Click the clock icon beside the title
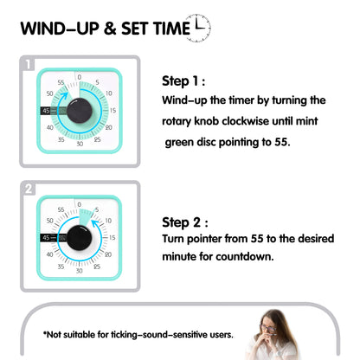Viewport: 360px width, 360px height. coord(198,28)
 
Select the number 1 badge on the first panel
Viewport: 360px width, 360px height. coord(29,64)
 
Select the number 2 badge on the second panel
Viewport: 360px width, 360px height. coord(29,189)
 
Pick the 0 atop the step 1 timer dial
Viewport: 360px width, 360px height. coord(80,77)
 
